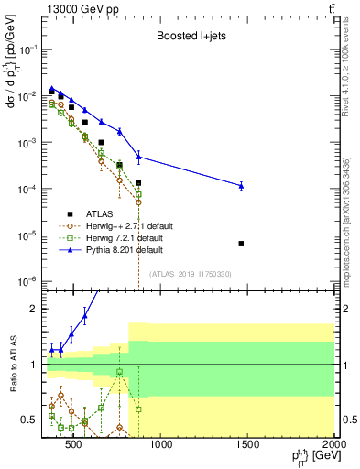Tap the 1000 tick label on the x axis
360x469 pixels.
[x=160, y=445]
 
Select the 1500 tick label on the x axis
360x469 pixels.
[x=247, y=445]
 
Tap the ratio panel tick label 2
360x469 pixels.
[x=36, y=309]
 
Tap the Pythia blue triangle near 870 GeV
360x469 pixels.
[x=138, y=157]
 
